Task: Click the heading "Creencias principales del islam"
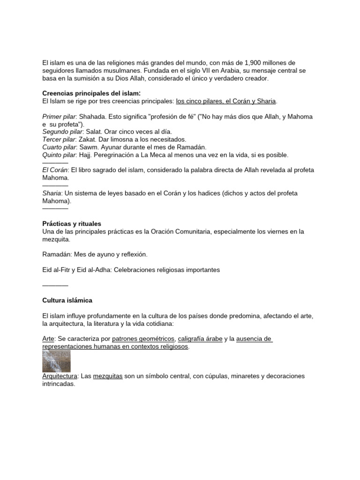point(91,93)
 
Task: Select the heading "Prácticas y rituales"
point(72,224)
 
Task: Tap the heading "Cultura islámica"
point(67,300)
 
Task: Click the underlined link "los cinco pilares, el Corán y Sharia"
point(226,101)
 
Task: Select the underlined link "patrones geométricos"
point(143,339)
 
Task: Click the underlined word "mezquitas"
point(108,376)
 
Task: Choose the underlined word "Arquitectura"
point(60,376)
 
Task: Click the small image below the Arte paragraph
point(56,361)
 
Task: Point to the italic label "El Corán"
point(55,170)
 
